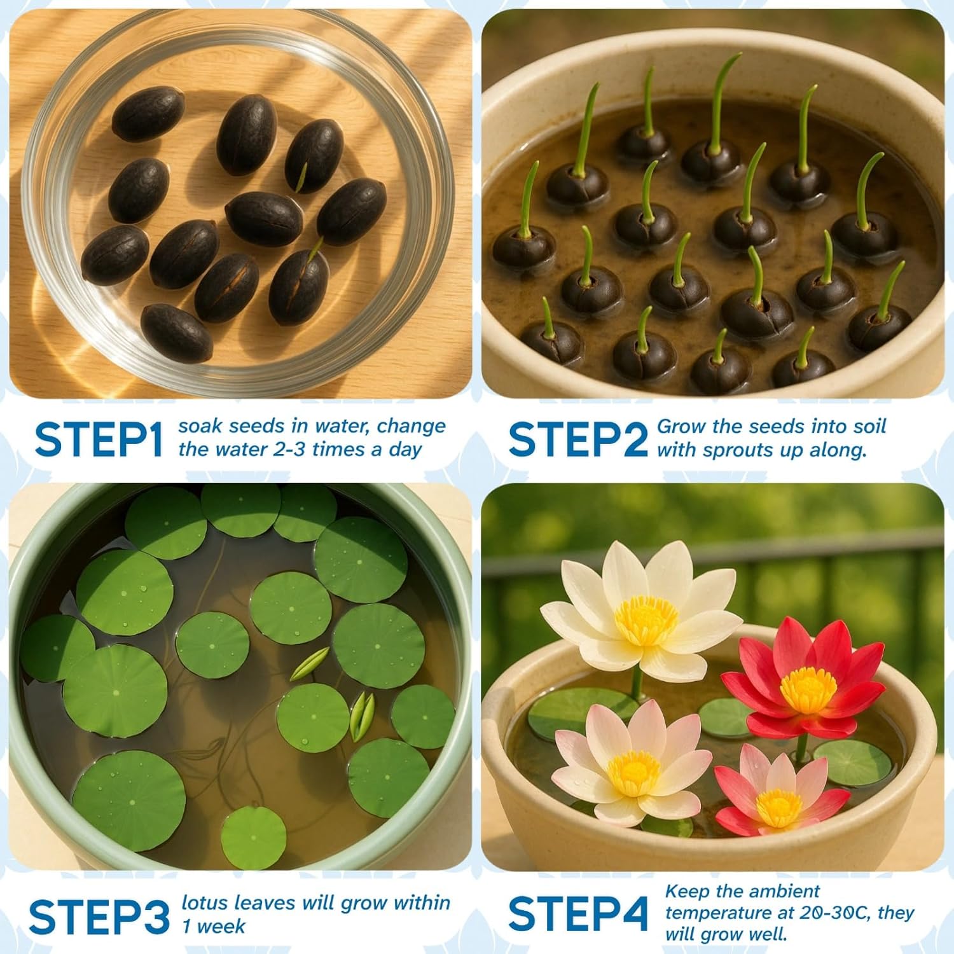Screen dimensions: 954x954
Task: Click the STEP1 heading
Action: coord(99,439)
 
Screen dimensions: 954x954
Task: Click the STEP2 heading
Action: coord(577,439)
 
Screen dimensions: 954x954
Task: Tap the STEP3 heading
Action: coord(99,917)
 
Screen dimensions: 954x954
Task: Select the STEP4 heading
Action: coord(578,913)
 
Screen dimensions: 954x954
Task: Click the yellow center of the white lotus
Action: coord(646,619)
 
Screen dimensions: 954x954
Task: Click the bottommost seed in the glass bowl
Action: coord(176,333)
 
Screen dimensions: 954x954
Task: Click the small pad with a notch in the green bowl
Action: coord(253,837)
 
